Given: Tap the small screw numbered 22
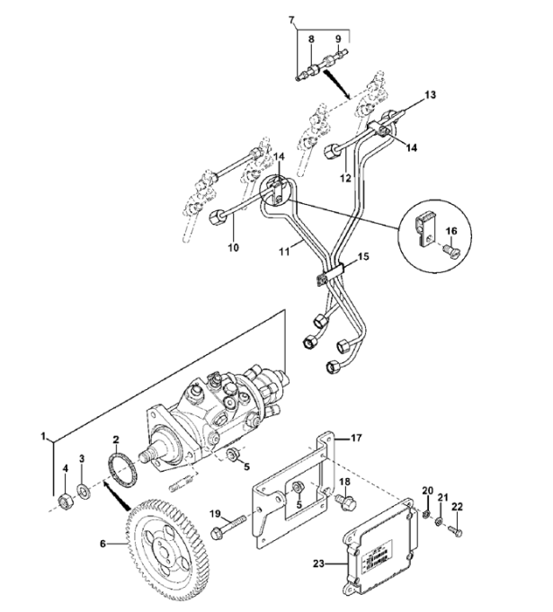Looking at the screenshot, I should [453, 534].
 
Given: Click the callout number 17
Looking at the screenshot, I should [356, 438].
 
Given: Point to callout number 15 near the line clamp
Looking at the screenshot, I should [362, 256].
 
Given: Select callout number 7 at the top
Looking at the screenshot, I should [291, 19].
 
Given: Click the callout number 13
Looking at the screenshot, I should [429, 93].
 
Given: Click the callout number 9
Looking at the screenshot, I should [338, 39].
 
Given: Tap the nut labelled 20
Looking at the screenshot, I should [425, 515].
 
